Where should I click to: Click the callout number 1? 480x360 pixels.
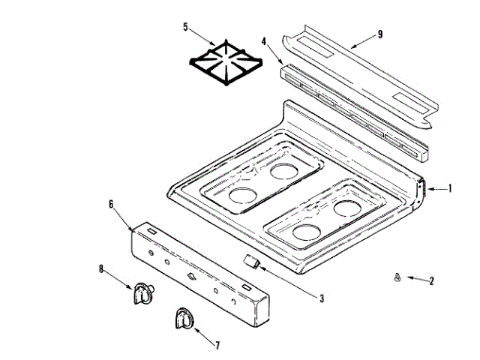(x=449, y=188)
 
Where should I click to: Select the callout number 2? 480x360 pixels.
(x=431, y=281)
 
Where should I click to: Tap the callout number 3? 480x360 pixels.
(x=321, y=298)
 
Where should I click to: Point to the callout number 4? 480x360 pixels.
(x=265, y=41)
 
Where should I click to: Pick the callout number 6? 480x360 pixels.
(x=112, y=203)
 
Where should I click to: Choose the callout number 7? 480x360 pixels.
(x=217, y=346)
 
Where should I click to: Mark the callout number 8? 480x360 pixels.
(x=102, y=268)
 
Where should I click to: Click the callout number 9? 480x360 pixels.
(x=380, y=34)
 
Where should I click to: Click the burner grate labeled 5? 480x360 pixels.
(x=223, y=63)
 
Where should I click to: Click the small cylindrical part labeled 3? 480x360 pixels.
(x=253, y=261)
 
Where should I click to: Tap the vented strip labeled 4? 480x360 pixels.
(x=352, y=112)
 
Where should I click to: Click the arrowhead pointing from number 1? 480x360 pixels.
(x=427, y=188)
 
